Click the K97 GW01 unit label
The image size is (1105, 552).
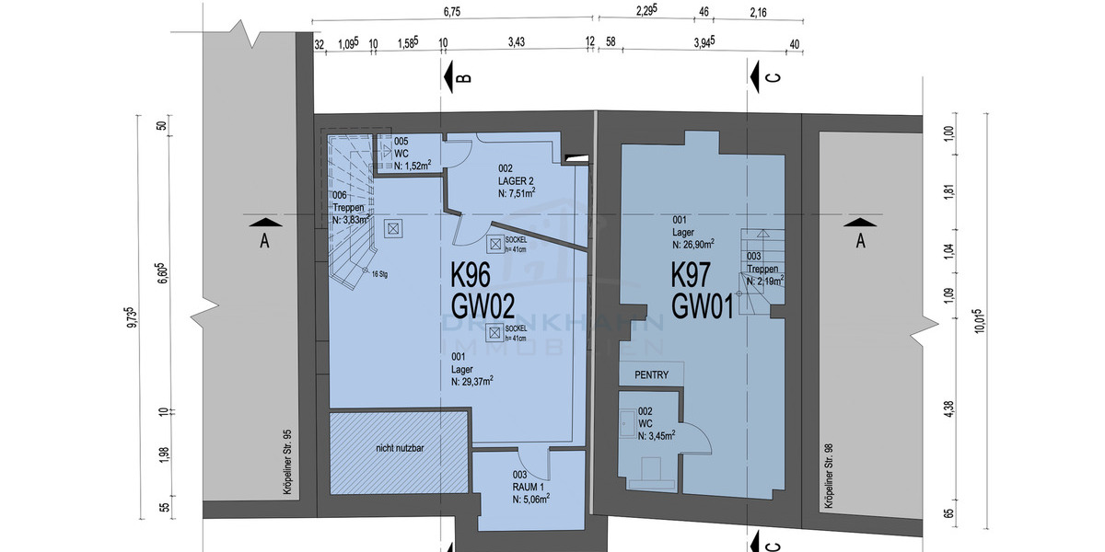click(702, 289)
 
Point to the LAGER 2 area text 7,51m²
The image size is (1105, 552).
click(517, 193)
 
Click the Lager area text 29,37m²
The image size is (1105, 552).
click(472, 380)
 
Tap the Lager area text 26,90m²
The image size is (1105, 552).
click(692, 246)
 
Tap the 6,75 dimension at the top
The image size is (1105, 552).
click(451, 12)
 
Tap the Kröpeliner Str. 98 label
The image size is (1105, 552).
click(829, 477)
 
